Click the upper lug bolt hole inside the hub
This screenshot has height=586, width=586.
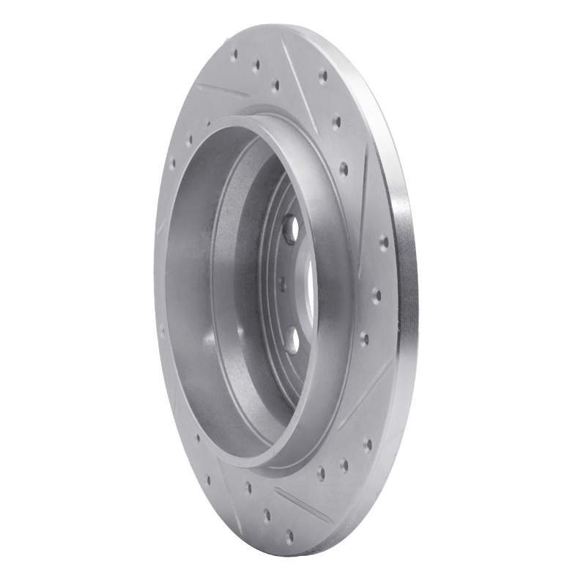pyautogui.click(x=290, y=229)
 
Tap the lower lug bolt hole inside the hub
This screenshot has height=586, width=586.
pyautogui.click(x=292, y=339)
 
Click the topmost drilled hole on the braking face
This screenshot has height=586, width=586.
pyautogui.click(x=235, y=53)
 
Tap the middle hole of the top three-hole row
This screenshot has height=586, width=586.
pyautogui.click(x=256, y=66)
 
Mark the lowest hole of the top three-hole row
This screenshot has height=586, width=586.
pyautogui.click(x=275, y=86)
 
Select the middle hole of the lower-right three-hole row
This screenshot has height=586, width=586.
pyautogui.click(x=343, y=463)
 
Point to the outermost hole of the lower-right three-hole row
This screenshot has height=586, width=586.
pyautogui.click(x=367, y=444)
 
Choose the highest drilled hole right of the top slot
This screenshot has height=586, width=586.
pyautogui.click(x=322, y=75)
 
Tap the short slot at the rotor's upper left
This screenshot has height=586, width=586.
pyautogui.click(x=223, y=92)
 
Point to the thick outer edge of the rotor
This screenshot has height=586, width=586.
pyautogui.click(x=404, y=293)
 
